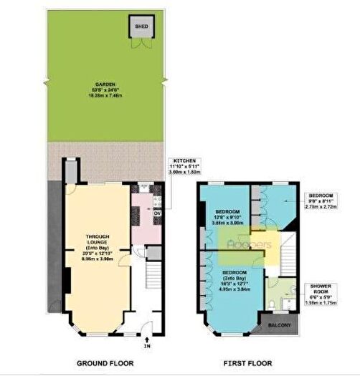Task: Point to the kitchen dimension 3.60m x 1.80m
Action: [x=182, y=173]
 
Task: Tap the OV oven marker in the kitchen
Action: [x=157, y=213]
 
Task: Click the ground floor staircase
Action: [x=152, y=283]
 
